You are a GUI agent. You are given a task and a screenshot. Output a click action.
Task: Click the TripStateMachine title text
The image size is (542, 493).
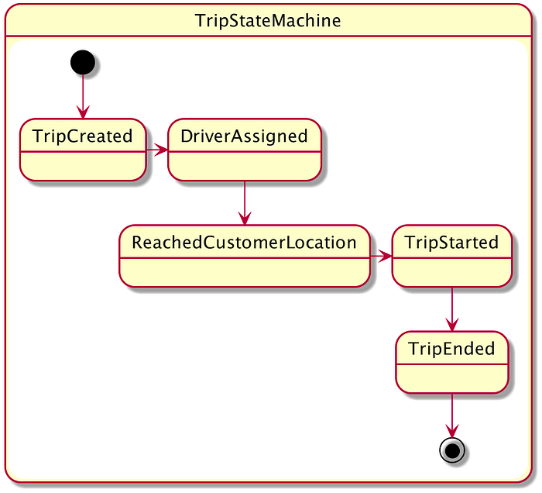pos(268,20)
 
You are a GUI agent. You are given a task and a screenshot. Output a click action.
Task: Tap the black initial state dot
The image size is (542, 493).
pos(83,62)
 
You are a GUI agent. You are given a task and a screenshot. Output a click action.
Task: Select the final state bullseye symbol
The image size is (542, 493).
pos(452,450)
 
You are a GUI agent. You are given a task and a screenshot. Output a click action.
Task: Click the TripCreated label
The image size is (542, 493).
pos(83,136)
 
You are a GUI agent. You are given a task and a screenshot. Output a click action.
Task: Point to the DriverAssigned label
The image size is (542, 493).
pos(245,136)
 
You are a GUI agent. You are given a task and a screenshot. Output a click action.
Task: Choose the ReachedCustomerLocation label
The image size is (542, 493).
pos(245,242)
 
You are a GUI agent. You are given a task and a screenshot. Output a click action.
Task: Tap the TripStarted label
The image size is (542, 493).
pos(452,242)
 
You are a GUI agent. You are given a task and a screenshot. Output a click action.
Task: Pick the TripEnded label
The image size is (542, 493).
pos(452,348)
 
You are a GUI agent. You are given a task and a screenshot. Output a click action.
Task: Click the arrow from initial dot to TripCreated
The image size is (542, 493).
pos(83,97)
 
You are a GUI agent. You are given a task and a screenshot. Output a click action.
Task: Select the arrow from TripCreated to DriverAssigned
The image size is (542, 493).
pos(157,150)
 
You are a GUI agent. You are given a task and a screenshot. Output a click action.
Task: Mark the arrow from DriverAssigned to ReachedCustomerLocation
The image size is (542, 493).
pos(245,203)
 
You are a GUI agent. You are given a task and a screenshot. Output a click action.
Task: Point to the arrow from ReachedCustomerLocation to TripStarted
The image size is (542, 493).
pos(381,257)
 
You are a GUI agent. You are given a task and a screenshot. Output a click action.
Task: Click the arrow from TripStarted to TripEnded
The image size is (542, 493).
pos(452,309)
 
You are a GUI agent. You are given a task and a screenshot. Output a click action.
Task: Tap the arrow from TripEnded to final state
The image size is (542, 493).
pos(452,415)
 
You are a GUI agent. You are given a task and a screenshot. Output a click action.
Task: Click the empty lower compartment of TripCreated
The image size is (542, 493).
pos(83,166)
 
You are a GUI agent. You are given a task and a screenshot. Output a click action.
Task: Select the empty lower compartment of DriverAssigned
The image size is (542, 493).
pos(245,166)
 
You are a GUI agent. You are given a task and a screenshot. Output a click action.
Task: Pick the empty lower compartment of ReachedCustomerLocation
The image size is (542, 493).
pos(245,272)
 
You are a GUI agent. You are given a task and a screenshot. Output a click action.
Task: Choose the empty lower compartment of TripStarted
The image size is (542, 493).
pos(452,272)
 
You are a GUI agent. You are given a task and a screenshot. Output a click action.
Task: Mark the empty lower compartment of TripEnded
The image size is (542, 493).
pos(452,378)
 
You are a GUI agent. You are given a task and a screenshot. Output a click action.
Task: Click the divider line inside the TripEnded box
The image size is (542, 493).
pos(452,364)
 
